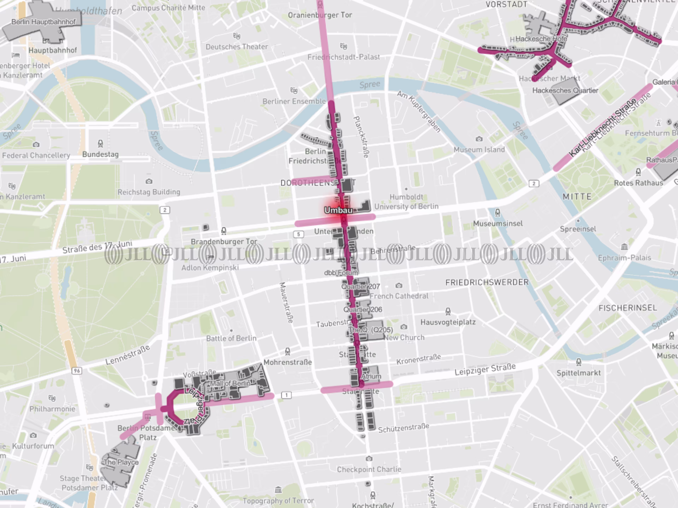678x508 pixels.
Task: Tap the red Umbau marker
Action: [338, 210]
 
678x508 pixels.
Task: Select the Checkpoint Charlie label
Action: [369, 469]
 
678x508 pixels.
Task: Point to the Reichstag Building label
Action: [149, 192]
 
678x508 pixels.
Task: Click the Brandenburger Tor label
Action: [224, 242]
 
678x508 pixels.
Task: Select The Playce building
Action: [121, 462]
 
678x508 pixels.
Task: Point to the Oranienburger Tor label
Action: [320, 15]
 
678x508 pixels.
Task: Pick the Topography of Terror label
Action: [278, 501]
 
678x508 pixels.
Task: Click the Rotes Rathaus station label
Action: [638, 183]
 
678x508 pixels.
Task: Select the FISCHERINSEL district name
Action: [628, 308]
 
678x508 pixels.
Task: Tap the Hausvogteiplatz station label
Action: [448, 322]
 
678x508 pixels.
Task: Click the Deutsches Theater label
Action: [237, 47]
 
